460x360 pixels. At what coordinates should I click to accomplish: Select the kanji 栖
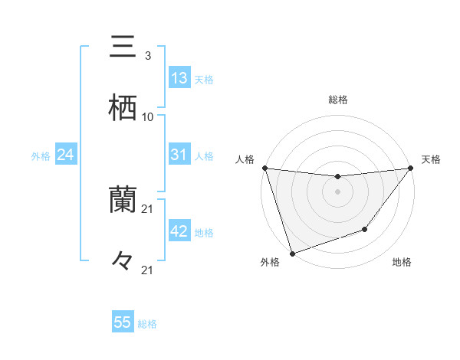[123, 109]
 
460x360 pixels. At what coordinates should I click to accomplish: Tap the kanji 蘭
[123, 201]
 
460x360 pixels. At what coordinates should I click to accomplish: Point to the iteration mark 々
[123, 261]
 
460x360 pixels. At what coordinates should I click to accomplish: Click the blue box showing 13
[179, 77]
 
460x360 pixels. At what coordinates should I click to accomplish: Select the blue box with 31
[179, 155]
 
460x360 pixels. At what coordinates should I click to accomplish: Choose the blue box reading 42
[179, 231]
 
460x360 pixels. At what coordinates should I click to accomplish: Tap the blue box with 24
[66, 155]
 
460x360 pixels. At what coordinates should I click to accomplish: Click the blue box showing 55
[123, 322]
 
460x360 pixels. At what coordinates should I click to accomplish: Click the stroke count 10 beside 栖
[148, 117]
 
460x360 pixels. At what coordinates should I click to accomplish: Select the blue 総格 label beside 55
[147, 324]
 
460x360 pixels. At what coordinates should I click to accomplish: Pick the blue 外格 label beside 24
[41, 156]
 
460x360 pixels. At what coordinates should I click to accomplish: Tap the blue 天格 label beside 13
[204, 79]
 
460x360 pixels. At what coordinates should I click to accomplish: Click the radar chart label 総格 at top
[338, 100]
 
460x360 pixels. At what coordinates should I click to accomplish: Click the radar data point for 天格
[411, 169]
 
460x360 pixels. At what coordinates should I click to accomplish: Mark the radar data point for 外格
[292, 253]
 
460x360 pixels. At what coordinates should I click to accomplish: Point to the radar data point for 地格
[366, 229]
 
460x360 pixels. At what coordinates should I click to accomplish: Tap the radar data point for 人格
[264, 169]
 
